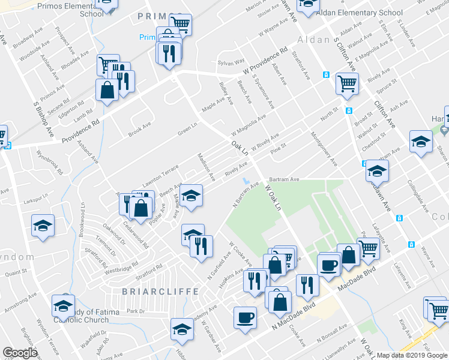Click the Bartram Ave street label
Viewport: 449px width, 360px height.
click(x=284, y=179)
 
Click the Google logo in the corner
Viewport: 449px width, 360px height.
click(x=20, y=352)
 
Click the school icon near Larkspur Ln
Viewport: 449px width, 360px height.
click(x=43, y=226)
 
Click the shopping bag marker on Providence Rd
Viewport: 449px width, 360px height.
click(x=107, y=90)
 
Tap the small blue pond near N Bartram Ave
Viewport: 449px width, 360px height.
click(x=246, y=180)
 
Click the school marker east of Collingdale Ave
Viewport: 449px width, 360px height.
click(x=421, y=142)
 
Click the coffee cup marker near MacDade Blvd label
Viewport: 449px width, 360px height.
click(x=328, y=264)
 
